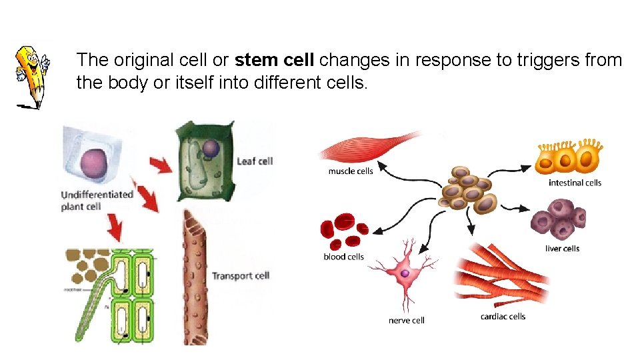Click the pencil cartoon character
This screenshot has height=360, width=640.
[x=31, y=75]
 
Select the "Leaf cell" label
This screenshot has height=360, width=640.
[x=255, y=161]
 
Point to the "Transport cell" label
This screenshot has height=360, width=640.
[x=240, y=275]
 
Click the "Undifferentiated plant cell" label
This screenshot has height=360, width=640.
[x=96, y=201]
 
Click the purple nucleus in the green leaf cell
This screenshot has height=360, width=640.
[x=211, y=147]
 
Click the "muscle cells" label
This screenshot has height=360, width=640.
[x=351, y=171]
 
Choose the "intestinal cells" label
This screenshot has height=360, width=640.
[x=575, y=183]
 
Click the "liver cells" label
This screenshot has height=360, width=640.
[x=562, y=249]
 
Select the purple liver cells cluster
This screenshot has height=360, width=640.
[x=559, y=220]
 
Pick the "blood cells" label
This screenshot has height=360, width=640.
[x=343, y=257]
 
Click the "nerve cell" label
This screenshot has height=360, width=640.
[x=406, y=321]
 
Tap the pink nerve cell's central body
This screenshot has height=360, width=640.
[x=404, y=273]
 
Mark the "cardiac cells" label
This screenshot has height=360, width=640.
[x=503, y=316]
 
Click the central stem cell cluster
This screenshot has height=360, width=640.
[x=469, y=190]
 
